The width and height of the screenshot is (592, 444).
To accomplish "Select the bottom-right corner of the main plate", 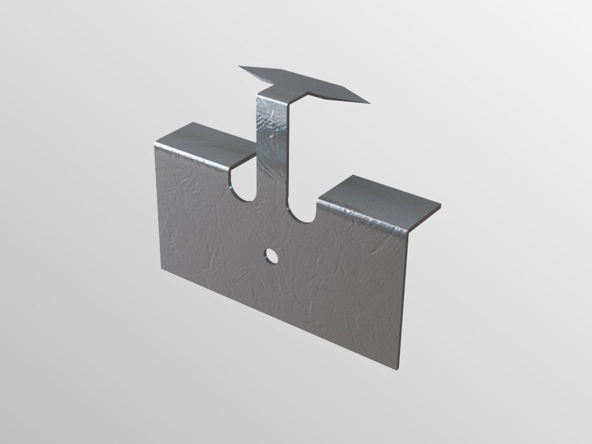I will (x=401, y=369).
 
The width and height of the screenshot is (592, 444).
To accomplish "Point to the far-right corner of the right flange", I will (x=440, y=204).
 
